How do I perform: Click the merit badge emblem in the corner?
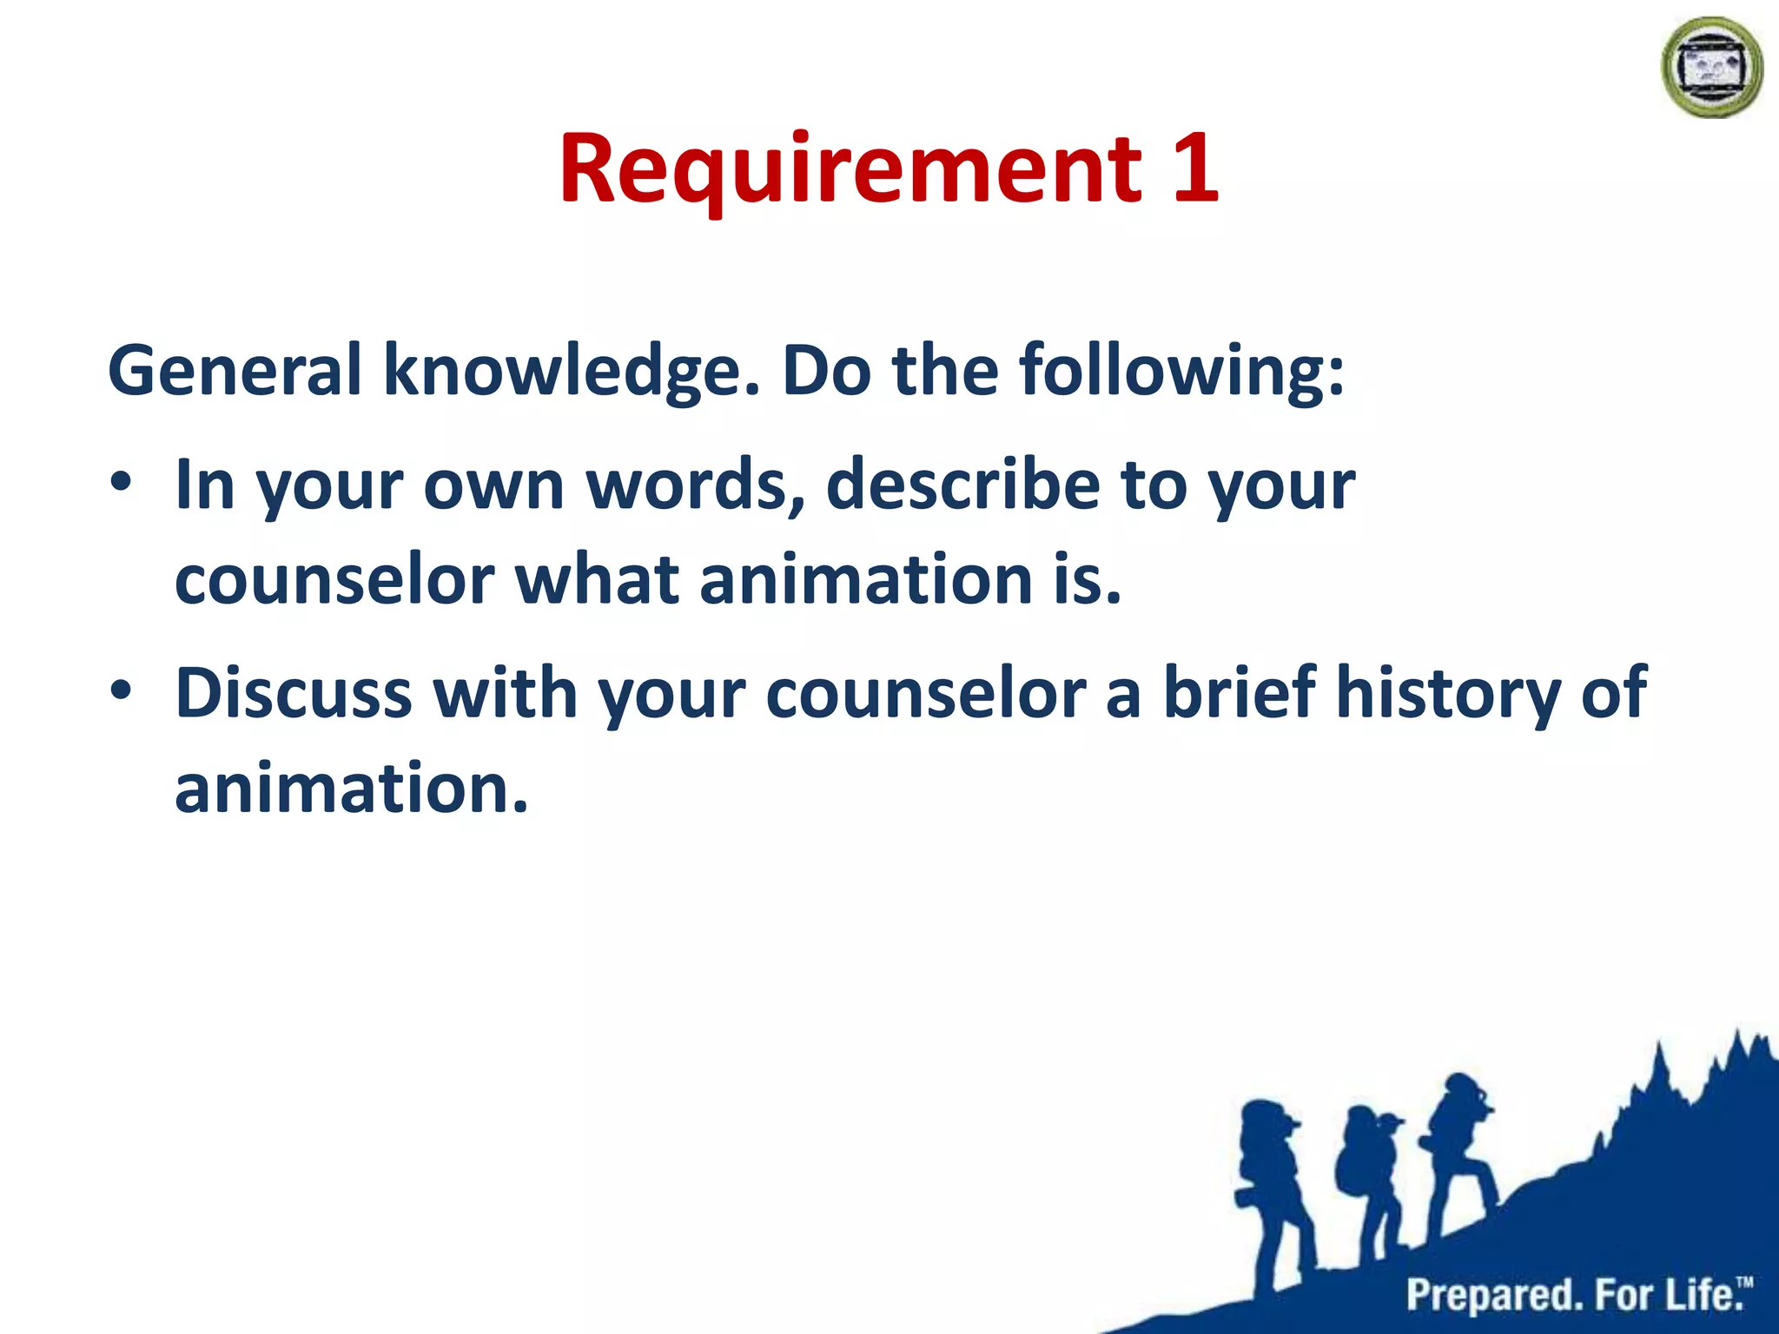1711,68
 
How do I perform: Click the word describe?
962,485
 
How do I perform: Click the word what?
597,580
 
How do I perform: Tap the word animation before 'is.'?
865,580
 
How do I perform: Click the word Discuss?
293,693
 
